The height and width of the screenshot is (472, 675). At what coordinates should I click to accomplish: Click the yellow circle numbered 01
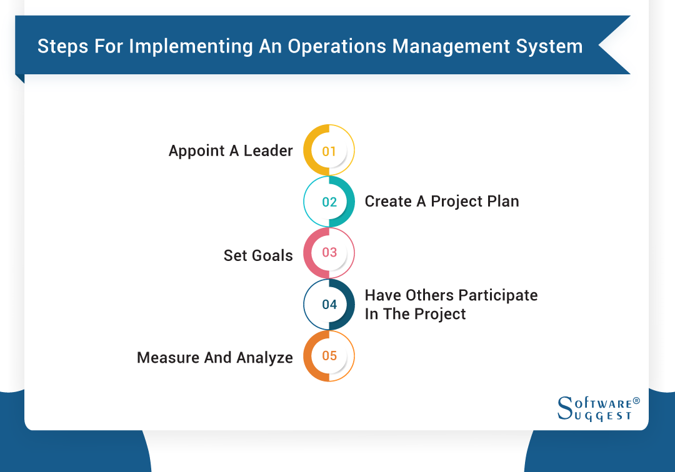pyautogui.click(x=329, y=150)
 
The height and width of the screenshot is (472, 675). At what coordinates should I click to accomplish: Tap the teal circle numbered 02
pyautogui.click(x=329, y=202)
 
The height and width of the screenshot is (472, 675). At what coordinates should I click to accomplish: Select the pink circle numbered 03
pyautogui.click(x=329, y=253)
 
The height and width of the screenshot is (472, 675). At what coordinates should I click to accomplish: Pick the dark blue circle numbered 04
pyautogui.click(x=329, y=304)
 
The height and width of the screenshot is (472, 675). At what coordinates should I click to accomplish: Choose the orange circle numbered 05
pyautogui.click(x=329, y=356)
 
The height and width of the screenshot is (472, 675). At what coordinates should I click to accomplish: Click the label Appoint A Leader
pyautogui.click(x=231, y=151)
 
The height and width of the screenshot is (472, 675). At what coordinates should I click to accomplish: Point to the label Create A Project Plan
pyautogui.click(x=442, y=202)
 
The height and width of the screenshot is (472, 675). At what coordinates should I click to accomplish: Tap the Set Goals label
pyautogui.click(x=258, y=255)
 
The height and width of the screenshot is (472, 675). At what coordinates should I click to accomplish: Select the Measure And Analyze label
pyautogui.click(x=215, y=358)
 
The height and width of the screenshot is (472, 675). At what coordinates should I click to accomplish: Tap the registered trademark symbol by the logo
pyautogui.click(x=636, y=400)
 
